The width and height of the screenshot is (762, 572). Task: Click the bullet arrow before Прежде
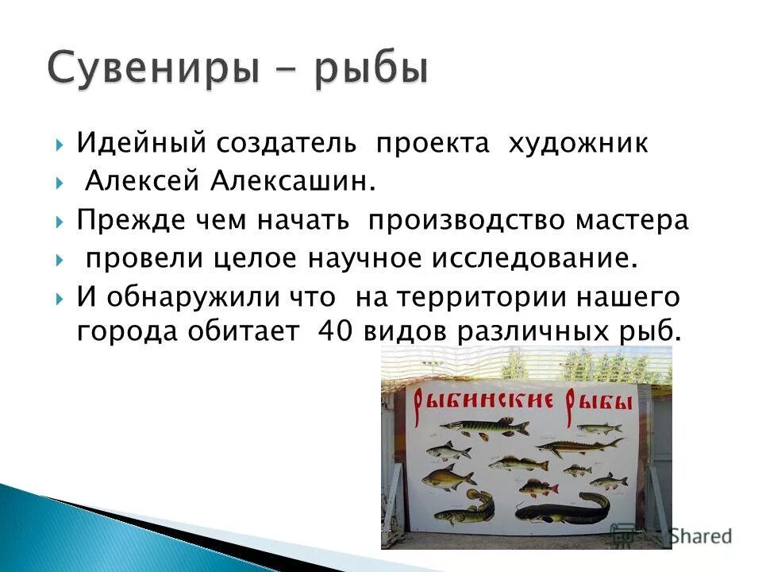coord(61,222)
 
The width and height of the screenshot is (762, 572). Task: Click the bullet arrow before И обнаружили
coord(61,298)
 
